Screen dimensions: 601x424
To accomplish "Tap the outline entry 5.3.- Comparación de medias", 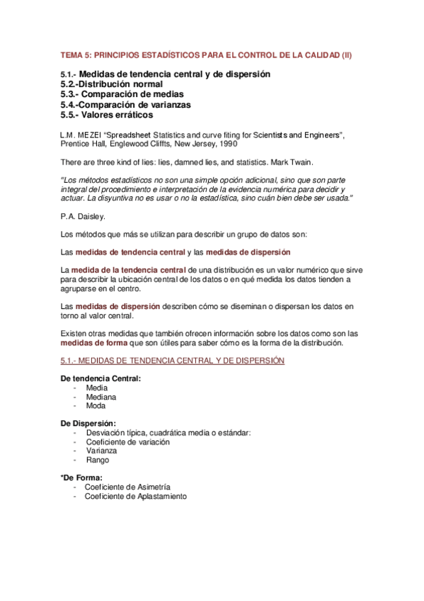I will click(122, 94).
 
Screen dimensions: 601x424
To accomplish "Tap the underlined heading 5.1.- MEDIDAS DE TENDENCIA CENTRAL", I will click(173, 361).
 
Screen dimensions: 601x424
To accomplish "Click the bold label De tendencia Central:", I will click(101, 378).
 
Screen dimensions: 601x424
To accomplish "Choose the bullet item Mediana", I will click(101, 397).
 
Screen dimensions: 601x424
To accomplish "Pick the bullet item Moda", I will click(96, 406).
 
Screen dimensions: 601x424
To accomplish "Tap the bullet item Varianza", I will click(101, 451).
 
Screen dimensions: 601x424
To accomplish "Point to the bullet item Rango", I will click(97, 460).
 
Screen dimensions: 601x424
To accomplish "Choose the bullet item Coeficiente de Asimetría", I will click(127, 488).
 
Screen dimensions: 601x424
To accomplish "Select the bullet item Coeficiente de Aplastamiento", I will click(135, 497).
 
